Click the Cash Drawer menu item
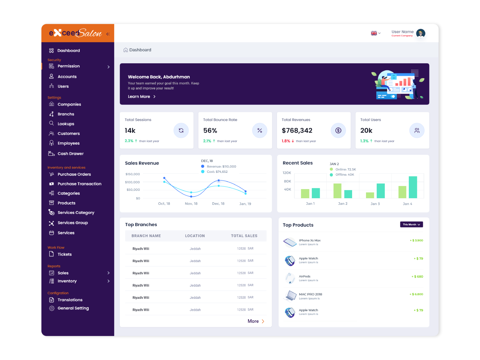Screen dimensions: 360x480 [x=70, y=154]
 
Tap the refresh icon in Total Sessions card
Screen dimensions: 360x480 [x=181, y=130]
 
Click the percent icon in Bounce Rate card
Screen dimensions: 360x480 [x=260, y=130]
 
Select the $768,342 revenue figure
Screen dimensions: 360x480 [x=297, y=131]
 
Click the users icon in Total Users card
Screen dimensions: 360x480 [x=417, y=130]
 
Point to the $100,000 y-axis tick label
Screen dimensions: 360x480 [x=132, y=182]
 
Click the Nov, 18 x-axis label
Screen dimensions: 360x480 [x=191, y=204]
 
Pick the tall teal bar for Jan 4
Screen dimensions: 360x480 [x=413, y=187]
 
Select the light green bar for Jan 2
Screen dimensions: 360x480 [x=337, y=191]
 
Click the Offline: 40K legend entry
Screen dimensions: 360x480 [x=344, y=175]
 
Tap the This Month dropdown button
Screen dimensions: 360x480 [x=411, y=225]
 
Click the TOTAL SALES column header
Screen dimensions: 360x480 [x=244, y=236]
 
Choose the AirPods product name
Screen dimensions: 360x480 [x=305, y=276]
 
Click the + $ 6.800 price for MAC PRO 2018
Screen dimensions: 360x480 [x=416, y=294]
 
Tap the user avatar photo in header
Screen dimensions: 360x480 [x=421, y=33]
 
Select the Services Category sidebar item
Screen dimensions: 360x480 [x=76, y=213]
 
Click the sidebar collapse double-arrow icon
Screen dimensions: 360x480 [x=108, y=34]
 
